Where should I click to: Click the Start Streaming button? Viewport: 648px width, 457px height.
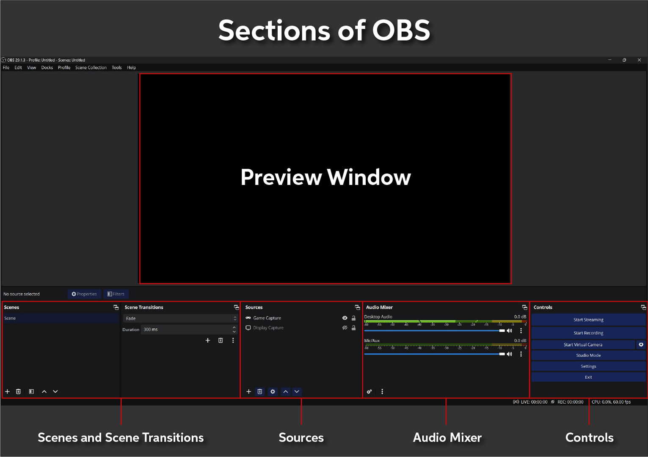(588, 320)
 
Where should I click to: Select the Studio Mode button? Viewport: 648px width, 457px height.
(588, 355)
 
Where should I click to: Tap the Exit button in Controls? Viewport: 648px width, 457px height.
(588, 377)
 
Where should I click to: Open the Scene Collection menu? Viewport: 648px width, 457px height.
(91, 68)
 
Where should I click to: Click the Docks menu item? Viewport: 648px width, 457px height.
(47, 68)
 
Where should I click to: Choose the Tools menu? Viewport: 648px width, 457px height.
(117, 68)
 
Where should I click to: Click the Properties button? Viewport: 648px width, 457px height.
(84, 294)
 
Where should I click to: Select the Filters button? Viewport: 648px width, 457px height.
(116, 294)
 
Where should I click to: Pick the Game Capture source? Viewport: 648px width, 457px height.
(267, 318)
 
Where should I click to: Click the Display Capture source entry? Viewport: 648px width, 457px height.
(268, 328)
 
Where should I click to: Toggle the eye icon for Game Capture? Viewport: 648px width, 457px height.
(345, 318)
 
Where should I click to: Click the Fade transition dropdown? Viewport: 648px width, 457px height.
(180, 319)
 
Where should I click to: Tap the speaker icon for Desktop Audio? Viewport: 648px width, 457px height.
(510, 331)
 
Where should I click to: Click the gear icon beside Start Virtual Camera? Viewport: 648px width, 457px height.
(641, 345)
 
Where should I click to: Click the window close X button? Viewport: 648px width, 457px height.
(639, 60)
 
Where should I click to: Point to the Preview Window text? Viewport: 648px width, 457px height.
(325, 177)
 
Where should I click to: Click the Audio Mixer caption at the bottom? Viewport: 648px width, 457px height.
(447, 438)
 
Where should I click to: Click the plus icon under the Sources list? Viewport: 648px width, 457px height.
(249, 392)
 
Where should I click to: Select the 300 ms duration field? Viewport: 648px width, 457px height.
(186, 330)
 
